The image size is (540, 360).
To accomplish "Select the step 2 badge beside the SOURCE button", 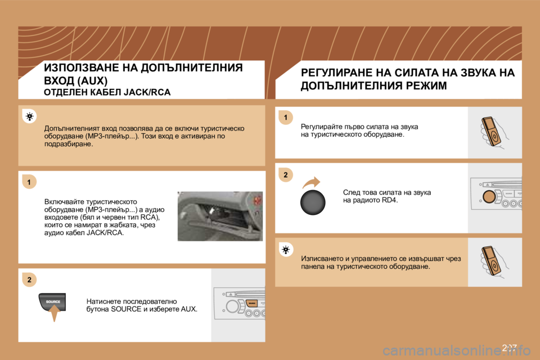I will (29, 280).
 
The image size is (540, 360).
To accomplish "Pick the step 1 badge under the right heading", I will (286, 117).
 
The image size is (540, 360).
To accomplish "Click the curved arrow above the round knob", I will (310, 182).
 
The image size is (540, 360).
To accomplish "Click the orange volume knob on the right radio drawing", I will (489, 197).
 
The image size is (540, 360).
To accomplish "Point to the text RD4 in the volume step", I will (389, 200).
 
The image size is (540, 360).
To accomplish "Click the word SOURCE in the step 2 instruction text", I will (123, 309).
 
